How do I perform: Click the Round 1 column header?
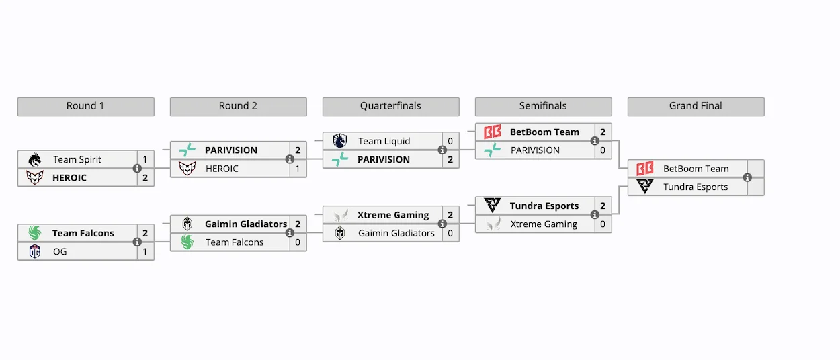click(85, 106)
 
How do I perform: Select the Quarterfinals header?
click(390, 106)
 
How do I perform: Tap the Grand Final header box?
click(696, 106)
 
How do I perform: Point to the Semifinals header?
click(543, 106)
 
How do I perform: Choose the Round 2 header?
click(238, 106)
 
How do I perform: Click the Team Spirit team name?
click(77, 159)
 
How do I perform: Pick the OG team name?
click(60, 251)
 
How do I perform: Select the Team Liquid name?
click(384, 141)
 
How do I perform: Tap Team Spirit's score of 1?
click(145, 159)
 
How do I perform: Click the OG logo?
click(35, 251)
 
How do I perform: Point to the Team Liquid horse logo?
click(340, 141)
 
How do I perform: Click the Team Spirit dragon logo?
click(35, 159)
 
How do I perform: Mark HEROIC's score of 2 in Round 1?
click(145, 178)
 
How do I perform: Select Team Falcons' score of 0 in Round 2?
click(298, 242)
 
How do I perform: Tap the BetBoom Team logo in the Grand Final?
click(645, 169)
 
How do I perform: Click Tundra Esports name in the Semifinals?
click(544, 206)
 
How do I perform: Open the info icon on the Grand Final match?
click(747, 177)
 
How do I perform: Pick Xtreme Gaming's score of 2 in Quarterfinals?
click(450, 215)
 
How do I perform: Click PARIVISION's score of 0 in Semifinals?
click(603, 150)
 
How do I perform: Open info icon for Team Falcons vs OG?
click(137, 242)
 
